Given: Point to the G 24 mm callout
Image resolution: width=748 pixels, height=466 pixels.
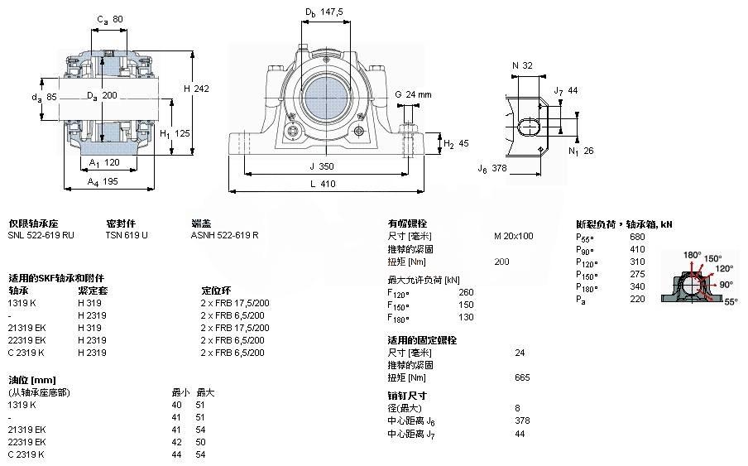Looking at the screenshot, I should pyautogui.click(x=413, y=94).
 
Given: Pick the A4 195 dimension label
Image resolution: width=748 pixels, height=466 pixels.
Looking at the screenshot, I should pyautogui.click(x=104, y=181).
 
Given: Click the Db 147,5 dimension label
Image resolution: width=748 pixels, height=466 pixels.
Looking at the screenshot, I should pyautogui.click(x=324, y=12).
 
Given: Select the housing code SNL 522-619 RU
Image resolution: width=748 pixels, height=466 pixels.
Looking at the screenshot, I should pyautogui.click(x=41, y=235).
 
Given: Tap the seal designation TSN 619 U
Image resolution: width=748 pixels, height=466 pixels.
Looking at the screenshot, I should pyautogui.click(x=127, y=235).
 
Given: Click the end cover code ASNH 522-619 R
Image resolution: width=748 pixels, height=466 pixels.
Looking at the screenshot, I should pyautogui.click(x=224, y=235).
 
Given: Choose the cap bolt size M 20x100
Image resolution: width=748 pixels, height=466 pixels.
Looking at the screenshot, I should pyautogui.click(x=513, y=236).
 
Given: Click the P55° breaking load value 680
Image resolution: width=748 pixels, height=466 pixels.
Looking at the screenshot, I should pyautogui.click(x=638, y=236).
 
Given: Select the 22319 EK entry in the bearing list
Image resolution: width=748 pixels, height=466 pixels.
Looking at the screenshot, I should pyautogui.click(x=26, y=340).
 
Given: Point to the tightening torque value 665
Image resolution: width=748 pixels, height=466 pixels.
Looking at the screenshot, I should pyautogui.click(x=522, y=377).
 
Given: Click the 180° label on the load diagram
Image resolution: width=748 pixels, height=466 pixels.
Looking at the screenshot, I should pyautogui.click(x=692, y=254).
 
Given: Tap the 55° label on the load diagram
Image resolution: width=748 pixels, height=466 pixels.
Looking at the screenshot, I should pyautogui.click(x=731, y=302).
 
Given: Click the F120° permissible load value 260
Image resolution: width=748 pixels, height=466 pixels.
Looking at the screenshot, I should pyautogui.click(x=466, y=292).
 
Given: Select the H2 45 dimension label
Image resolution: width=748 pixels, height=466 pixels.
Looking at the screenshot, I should pyautogui.click(x=457, y=143).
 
